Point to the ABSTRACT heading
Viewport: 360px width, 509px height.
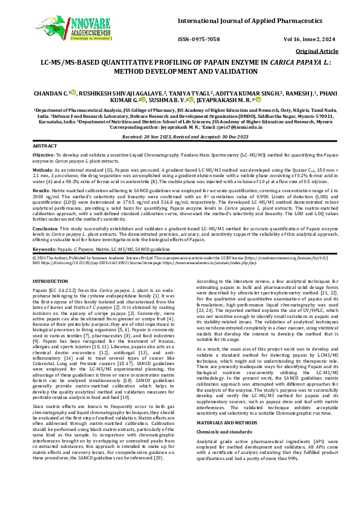[45, 146]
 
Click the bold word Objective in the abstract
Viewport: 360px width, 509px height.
[44, 155]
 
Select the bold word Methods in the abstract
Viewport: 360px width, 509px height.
[43, 171]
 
